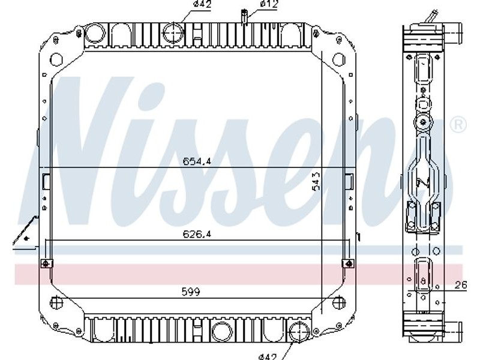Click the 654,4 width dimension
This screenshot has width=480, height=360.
point(197,161)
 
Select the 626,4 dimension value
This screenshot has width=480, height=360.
point(197,235)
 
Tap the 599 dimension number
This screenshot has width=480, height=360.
point(191,292)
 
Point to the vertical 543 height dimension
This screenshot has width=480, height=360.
point(316,181)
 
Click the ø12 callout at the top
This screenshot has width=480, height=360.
point(269,4)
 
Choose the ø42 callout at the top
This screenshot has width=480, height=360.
point(202,4)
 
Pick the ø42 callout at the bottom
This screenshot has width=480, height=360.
point(267,356)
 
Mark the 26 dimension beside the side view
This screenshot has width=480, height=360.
point(461,286)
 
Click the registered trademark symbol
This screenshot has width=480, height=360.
point(458,125)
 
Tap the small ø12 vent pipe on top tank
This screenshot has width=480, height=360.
point(244,17)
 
